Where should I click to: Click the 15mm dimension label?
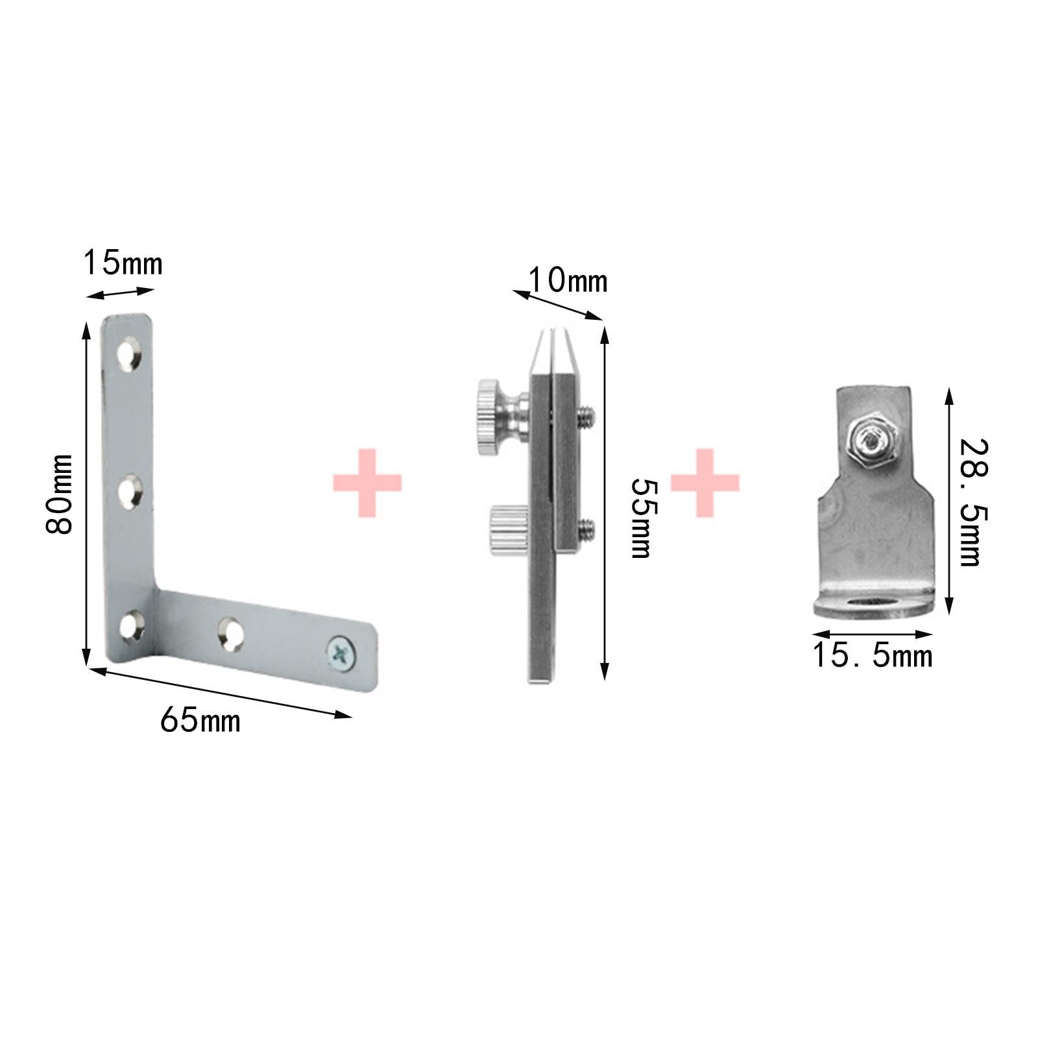(123, 264)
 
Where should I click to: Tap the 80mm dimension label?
(59, 494)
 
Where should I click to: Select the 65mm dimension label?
(200, 720)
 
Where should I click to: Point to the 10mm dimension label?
(568, 282)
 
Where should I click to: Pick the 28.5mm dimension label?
(976, 502)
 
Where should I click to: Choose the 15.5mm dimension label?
(873, 656)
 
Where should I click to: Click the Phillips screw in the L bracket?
(343, 653)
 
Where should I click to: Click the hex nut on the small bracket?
(873, 444)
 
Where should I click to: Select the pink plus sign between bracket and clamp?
(367, 483)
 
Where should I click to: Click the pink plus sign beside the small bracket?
(705, 483)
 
